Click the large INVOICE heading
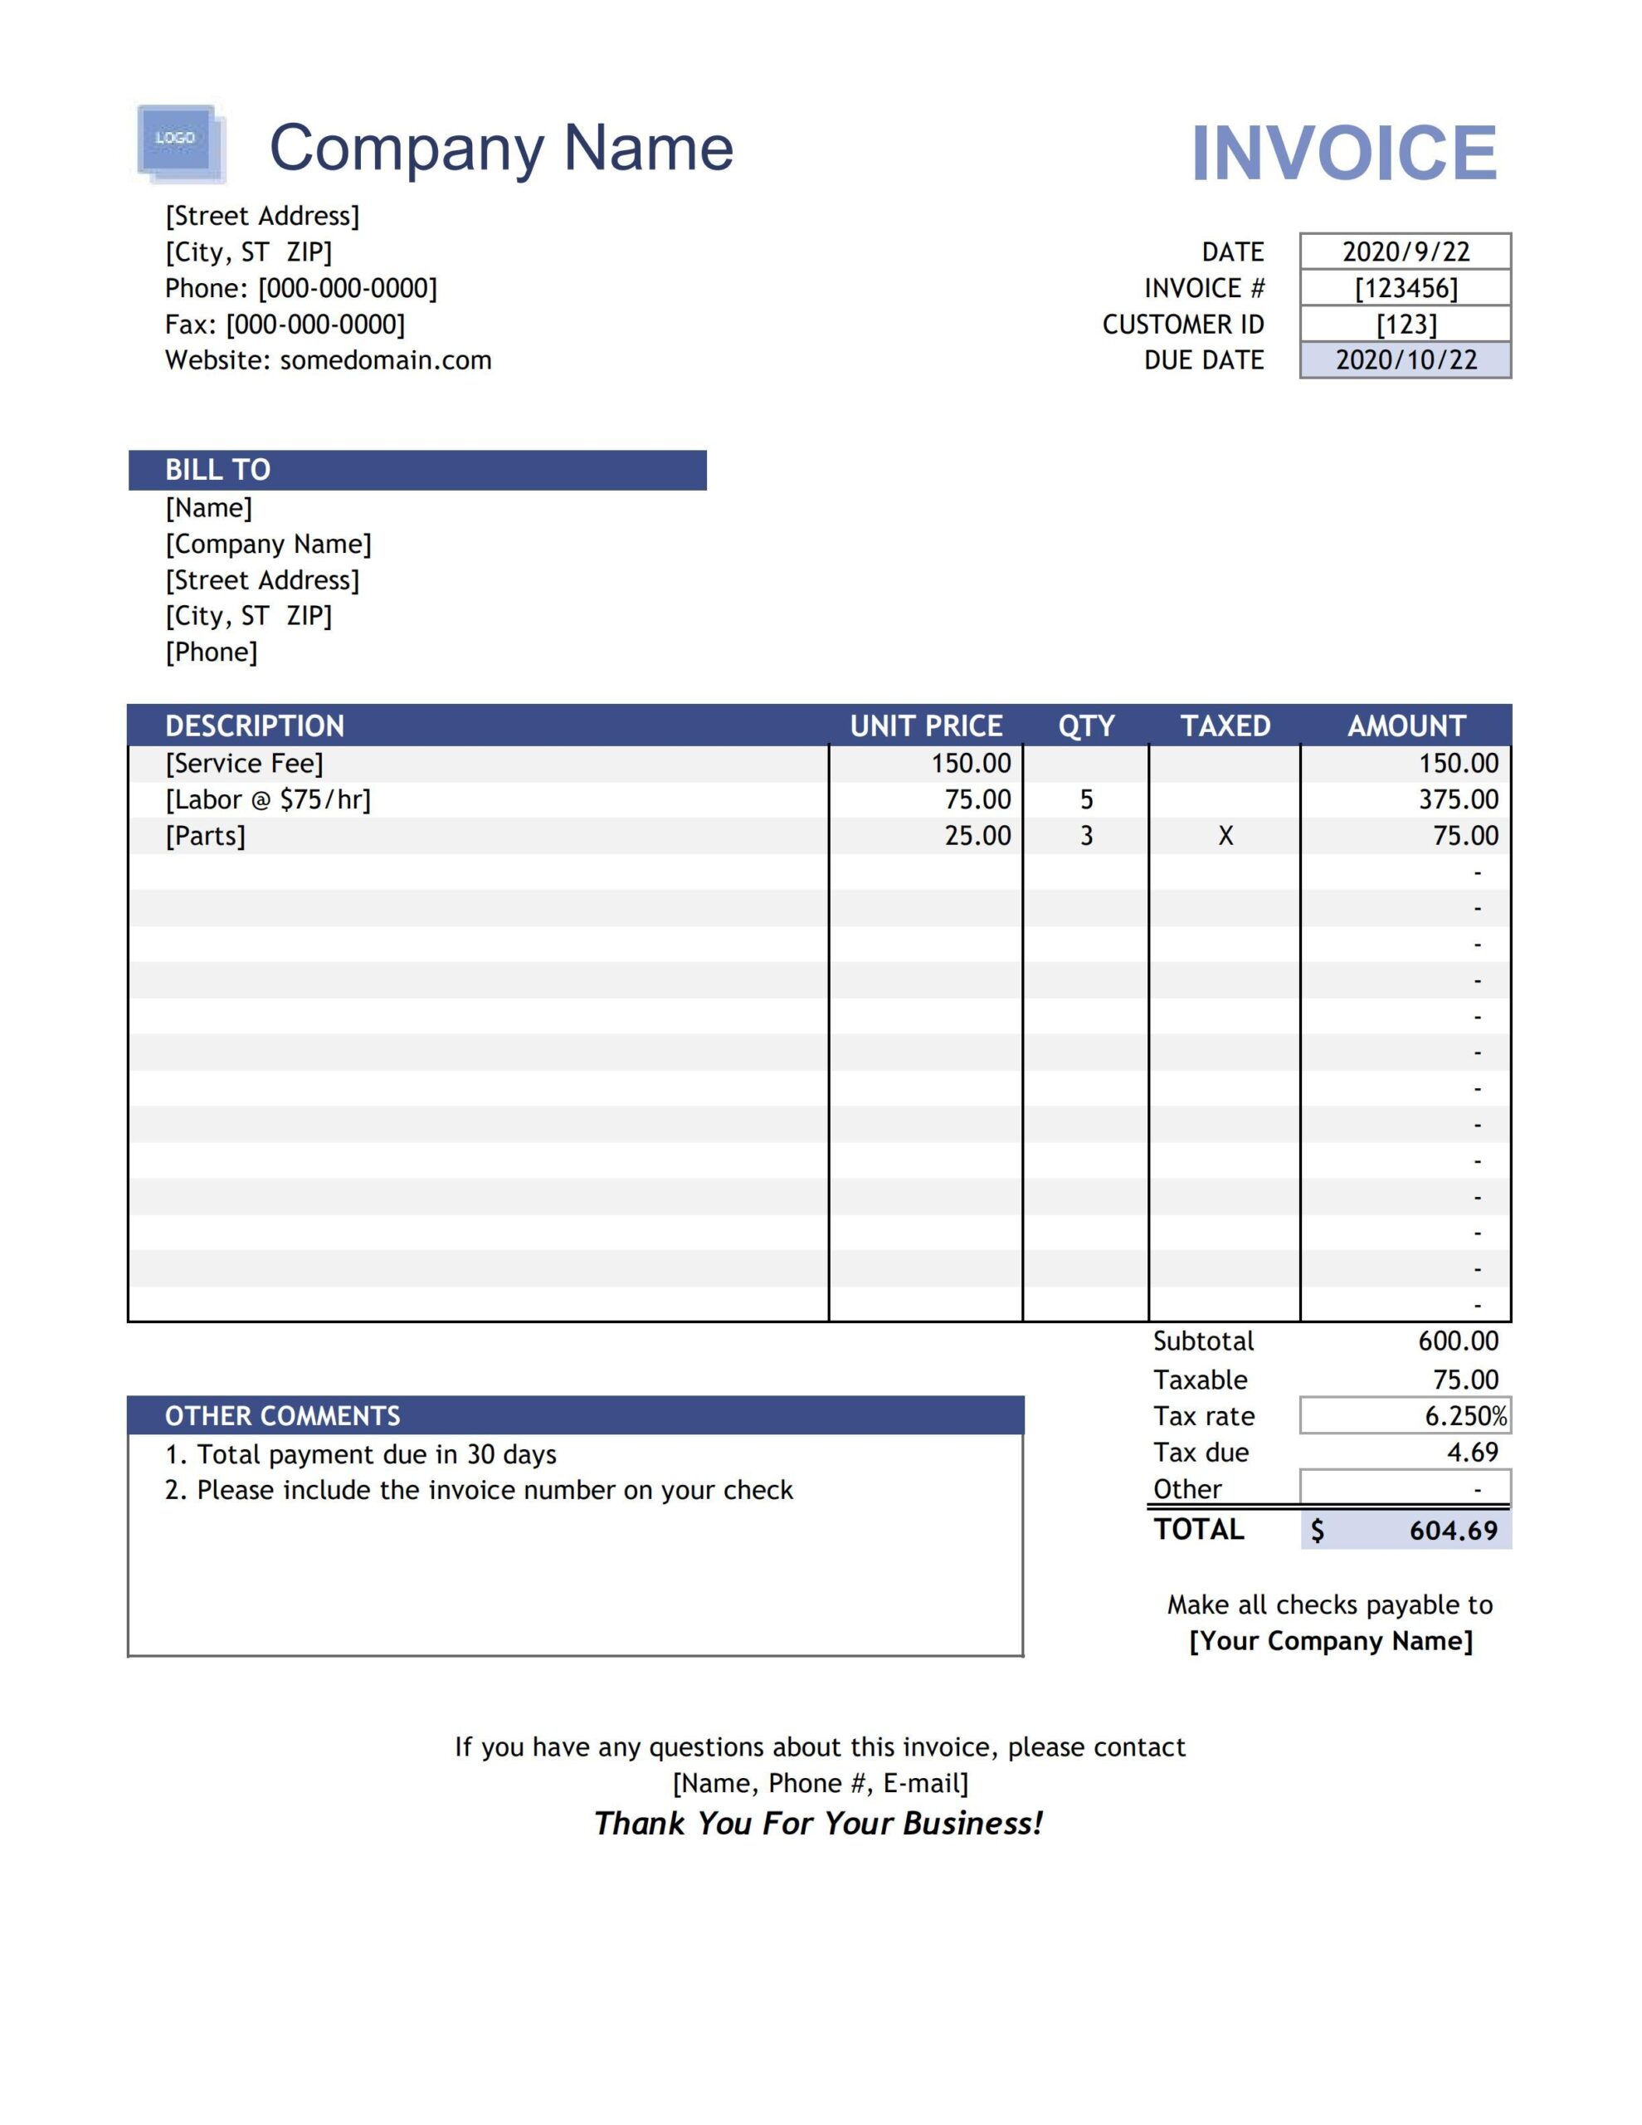pyautogui.click(x=1343, y=153)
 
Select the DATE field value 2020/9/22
pyautogui.click(x=1405, y=252)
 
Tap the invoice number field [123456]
pyautogui.click(x=1405, y=288)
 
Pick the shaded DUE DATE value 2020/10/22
pyautogui.click(x=1405, y=360)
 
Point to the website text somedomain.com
pyautogui.click(x=385, y=360)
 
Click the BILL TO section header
pyautogui.click(x=417, y=470)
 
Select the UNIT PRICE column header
pyautogui.click(x=925, y=725)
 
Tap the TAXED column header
pyautogui.click(x=1225, y=725)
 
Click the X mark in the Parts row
pyautogui.click(x=1225, y=836)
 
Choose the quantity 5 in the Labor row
pyautogui.click(x=1085, y=800)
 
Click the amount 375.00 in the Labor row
pyautogui.click(x=1457, y=800)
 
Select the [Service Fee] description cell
pyautogui.click(x=244, y=764)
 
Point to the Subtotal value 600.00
pyautogui.click(x=1457, y=1341)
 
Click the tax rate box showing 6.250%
pyautogui.click(x=1405, y=1415)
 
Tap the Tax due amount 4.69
pyautogui.click(x=1471, y=1453)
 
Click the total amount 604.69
pyautogui.click(x=1452, y=1531)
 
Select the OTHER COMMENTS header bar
pyautogui.click(x=574, y=1415)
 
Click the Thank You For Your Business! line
pyautogui.click(x=818, y=1824)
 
